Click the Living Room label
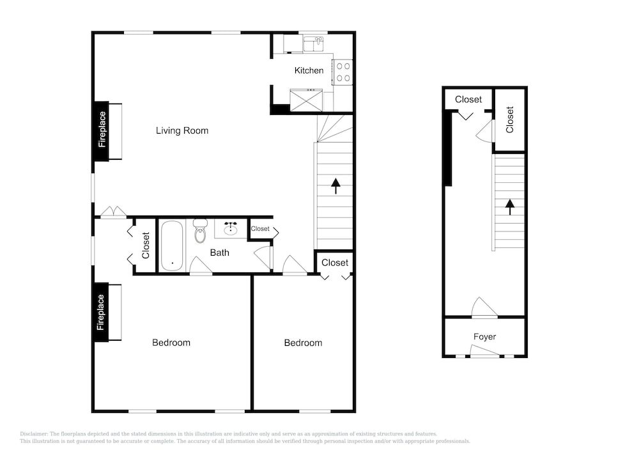[x=181, y=130]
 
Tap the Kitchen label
[x=309, y=70]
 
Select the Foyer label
[x=484, y=337]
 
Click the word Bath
[x=219, y=253]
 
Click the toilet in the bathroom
[x=200, y=231]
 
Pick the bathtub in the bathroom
[x=172, y=245]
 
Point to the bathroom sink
[x=231, y=228]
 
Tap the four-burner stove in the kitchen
[x=343, y=72]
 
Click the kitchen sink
[x=313, y=43]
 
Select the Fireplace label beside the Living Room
[x=102, y=130]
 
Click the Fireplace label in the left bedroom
[x=101, y=313]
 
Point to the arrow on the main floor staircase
[x=335, y=186]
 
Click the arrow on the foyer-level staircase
[x=509, y=207]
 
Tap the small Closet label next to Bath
[x=260, y=229]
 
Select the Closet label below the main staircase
[x=335, y=263]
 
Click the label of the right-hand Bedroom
[x=303, y=343]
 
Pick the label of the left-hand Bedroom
[x=171, y=343]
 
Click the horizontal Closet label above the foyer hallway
[x=468, y=100]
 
